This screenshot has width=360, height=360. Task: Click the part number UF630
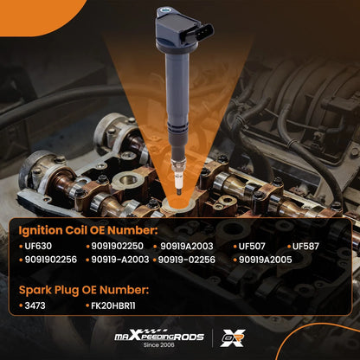(38, 246)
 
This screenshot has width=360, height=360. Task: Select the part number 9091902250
(117, 246)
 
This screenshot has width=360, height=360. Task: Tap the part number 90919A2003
(187, 246)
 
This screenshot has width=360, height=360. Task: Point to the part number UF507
(252, 246)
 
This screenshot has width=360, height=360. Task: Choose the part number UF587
(305, 246)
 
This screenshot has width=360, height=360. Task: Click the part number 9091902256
(51, 260)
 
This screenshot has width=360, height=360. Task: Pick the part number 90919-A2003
(120, 260)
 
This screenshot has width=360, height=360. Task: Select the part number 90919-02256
(187, 260)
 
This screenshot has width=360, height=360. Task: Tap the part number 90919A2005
(266, 260)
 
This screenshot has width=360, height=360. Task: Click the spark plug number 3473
(35, 305)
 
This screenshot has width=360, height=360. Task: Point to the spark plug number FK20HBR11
(113, 305)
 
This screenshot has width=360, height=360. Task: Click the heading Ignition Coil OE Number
(88, 230)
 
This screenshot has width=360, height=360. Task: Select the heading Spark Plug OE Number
(84, 290)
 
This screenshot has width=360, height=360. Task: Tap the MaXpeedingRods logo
(159, 336)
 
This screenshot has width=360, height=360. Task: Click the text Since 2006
(159, 344)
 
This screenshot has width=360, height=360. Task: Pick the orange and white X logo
(233, 337)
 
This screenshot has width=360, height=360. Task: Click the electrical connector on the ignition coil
(204, 33)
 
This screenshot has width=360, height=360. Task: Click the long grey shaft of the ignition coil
(177, 98)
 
